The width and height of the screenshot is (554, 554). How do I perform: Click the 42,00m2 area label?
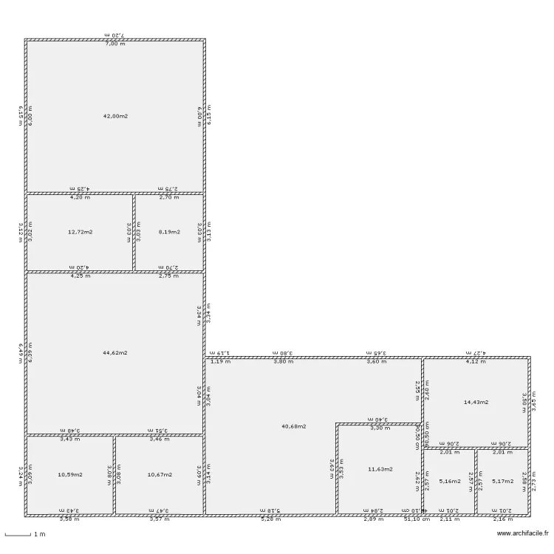[x=115, y=116]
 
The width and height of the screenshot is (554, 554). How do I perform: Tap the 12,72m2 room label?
[x=80, y=231]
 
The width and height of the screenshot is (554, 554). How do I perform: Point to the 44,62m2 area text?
[x=115, y=352]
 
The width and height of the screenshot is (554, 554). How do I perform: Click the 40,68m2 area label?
[x=294, y=425]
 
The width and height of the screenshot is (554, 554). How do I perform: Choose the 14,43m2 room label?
[x=476, y=402]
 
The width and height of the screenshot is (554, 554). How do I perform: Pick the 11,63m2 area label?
[x=380, y=468]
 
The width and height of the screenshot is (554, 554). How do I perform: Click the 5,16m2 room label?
[x=449, y=481]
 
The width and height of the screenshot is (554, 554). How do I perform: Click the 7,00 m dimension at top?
[x=115, y=44]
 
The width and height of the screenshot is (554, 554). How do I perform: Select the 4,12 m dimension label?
[x=475, y=362]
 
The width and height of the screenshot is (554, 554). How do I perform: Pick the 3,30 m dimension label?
[x=378, y=428]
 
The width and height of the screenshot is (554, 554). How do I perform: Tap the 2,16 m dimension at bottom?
[x=503, y=519]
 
